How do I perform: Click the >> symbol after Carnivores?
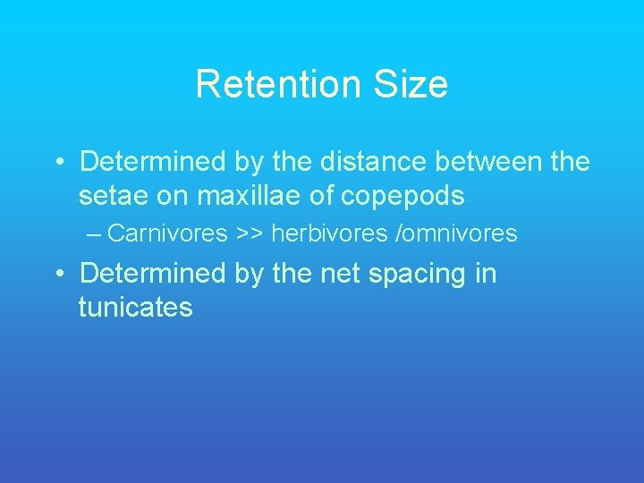[x=250, y=234]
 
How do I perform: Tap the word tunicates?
[x=136, y=308]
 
